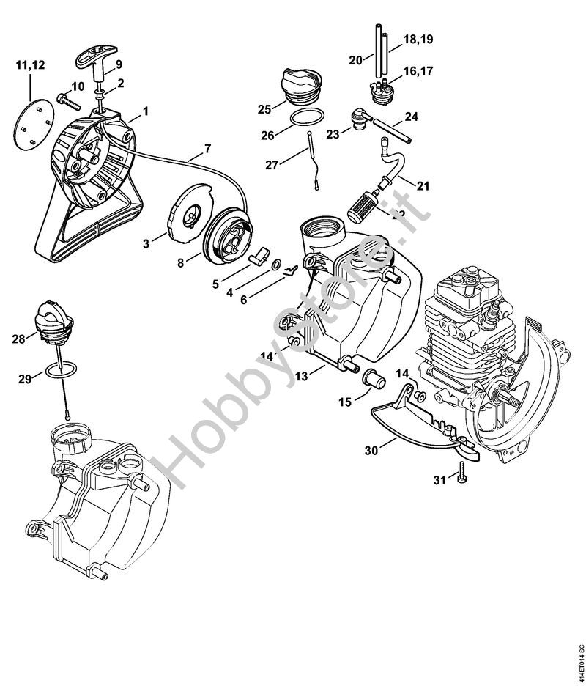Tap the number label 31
[x=439, y=480]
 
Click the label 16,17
[x=418, y=71]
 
